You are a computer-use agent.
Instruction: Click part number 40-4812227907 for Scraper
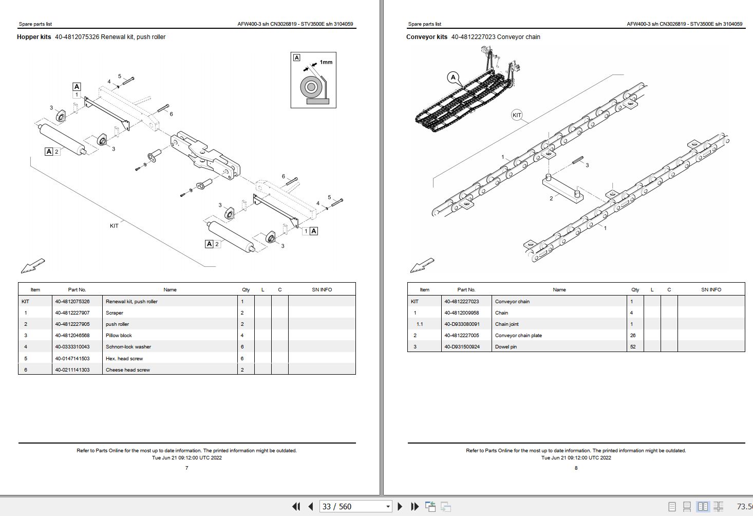72,313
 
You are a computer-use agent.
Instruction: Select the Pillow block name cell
119,336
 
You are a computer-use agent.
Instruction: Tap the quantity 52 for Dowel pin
633,347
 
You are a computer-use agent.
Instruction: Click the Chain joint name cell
506,324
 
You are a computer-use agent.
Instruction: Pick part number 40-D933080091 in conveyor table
461,324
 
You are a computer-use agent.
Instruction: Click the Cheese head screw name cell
127,370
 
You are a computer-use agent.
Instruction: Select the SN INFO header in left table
322,290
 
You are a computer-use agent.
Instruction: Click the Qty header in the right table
635,290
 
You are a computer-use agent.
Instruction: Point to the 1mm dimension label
326,62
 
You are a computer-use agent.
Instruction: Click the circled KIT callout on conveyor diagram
517,115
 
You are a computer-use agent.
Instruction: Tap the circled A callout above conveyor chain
453,78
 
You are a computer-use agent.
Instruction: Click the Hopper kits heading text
34,37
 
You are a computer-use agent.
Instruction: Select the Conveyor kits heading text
426,37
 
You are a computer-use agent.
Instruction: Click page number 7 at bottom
186,468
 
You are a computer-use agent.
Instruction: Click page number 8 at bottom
576,468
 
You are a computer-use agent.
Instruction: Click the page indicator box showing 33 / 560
355,507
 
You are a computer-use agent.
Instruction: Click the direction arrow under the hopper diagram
32,266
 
